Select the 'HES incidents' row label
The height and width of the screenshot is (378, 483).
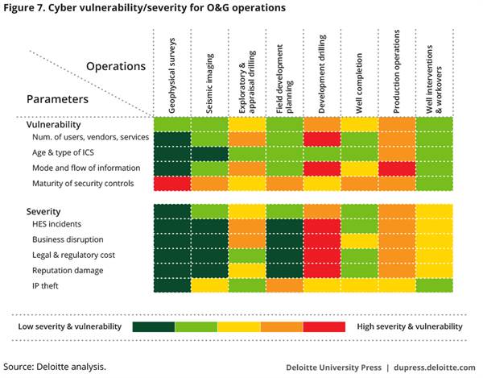pyautogui.click(x=58, y=225)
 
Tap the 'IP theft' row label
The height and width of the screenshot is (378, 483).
pyautogui.click(x=47, y=285)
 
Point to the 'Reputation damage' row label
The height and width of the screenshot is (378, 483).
pyautogui.click(x=69, y=270)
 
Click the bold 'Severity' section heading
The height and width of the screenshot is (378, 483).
pyautogui.click(x=40, y=211)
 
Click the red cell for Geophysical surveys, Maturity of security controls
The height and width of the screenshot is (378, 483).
pyautogui.click(x=171, y=183)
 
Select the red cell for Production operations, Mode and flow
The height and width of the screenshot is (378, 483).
pyautogui.click(x=397, y=168)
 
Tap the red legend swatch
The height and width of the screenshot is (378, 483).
pyautogui.click(x=325, y=326)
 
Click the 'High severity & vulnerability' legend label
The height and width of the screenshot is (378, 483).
pyautogui.click(x=411, y=326)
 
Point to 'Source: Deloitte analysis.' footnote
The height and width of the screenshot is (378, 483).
pyautogui.click(x=54, y=365)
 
